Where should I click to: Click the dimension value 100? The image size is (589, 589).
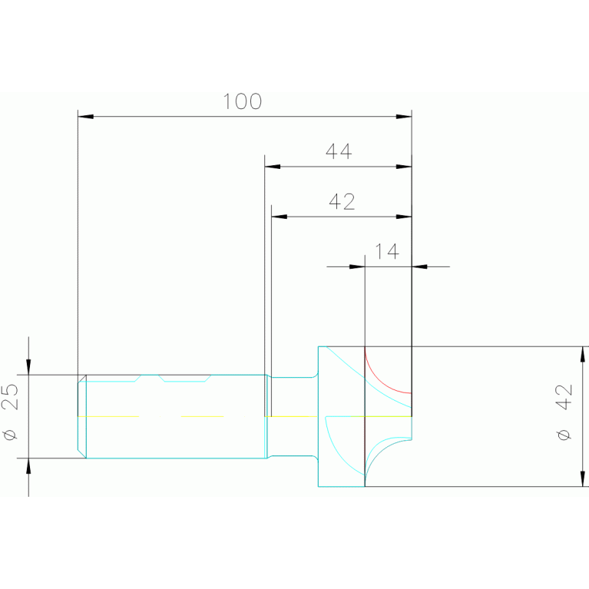242,101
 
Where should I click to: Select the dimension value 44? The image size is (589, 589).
339,151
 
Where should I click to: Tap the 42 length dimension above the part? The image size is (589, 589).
342,201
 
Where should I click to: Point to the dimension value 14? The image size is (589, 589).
387,251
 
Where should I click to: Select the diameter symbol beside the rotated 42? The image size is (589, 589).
564,435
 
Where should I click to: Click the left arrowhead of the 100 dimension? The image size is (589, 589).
86,117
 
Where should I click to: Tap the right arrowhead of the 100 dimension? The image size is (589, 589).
404,117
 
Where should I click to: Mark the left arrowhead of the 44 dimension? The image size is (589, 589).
272,167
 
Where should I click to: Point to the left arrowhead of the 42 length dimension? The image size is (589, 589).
279,217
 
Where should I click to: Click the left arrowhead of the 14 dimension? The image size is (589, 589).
357,266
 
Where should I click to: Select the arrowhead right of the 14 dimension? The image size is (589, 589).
419,266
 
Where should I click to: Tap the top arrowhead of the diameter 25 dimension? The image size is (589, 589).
28,367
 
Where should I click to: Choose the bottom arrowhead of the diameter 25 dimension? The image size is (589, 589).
28,466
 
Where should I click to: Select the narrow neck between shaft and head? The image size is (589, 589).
292,416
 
